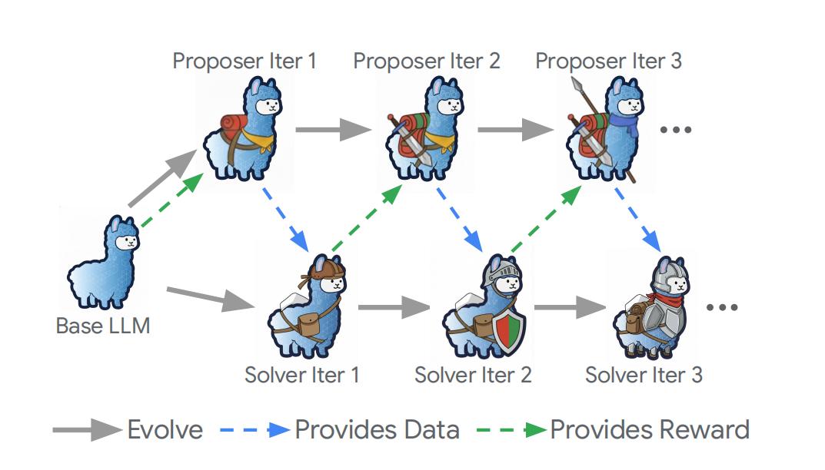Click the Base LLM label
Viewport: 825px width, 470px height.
[x=103, y=326]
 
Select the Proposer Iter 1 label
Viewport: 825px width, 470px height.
[x=244, y=61]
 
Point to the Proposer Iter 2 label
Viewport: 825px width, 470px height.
[x=426, y=61]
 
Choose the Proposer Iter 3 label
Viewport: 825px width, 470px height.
[x=608, y=61]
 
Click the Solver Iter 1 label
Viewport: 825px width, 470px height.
[x=302, y=375]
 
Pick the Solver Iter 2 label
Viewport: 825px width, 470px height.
[x=473, y=375]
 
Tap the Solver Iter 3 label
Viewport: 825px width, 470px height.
[x=644, y=375]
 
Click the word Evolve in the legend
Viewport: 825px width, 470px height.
[x=165, y=429]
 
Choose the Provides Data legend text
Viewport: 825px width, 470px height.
[x=377, y=429]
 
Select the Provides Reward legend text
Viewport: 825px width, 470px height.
[x=649, y=429]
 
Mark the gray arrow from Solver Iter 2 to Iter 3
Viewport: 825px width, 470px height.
[x=570, y=308]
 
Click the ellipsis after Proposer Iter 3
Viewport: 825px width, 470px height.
[x=677, y=130]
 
